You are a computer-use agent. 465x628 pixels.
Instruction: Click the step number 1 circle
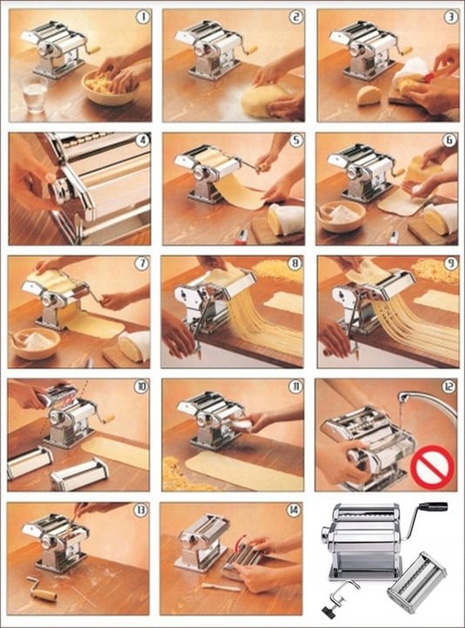142,17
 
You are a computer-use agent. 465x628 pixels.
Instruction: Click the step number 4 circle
142,141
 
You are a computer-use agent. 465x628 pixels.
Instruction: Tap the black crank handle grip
434,507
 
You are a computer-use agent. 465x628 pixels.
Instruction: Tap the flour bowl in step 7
35,343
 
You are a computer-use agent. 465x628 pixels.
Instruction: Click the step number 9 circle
449,263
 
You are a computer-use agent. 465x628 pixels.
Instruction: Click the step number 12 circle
449,387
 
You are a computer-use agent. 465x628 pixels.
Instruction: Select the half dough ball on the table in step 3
369,96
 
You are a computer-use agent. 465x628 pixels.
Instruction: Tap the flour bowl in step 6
342,216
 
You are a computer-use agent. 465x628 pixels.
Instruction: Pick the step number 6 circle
449,140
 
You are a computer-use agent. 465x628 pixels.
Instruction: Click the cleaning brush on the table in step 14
221,587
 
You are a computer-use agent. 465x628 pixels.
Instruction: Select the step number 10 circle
141,387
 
